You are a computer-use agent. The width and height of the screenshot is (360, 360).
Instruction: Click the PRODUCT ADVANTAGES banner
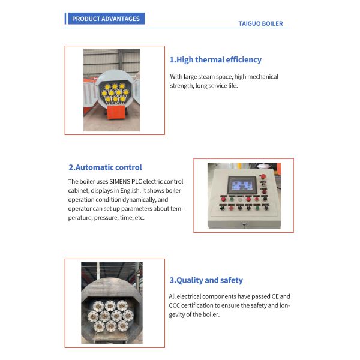[106, 19]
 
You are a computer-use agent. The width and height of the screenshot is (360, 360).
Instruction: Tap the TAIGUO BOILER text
[260, 23]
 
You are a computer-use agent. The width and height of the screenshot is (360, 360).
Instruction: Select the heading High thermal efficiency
[215, 59]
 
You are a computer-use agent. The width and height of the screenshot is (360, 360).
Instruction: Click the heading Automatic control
[105, 167]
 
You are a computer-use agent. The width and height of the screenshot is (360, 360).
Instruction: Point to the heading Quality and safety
[206, 280]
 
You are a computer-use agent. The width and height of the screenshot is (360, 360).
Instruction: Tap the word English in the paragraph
[130, 191]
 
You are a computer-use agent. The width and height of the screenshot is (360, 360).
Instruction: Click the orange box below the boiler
[116, 112]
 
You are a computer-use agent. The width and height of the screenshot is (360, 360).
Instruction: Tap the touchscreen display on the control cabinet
[242, 185]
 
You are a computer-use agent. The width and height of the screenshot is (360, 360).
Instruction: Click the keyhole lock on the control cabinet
[244, 224]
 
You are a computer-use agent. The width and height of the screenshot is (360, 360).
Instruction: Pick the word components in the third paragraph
[219, 296]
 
